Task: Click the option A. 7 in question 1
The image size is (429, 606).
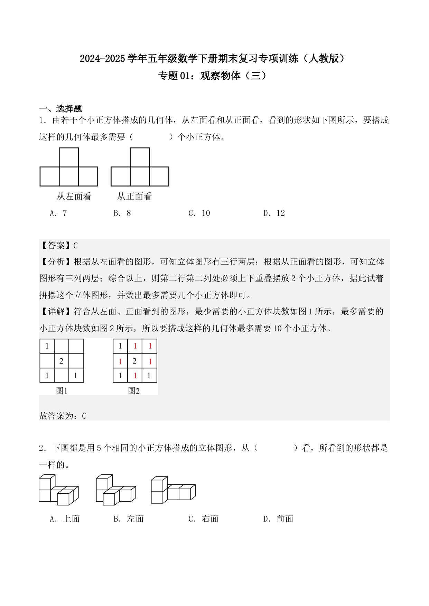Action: coord(58,213)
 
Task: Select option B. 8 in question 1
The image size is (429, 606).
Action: coord(122,213)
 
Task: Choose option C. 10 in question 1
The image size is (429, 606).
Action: coord(199,213)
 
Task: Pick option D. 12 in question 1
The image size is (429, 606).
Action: coord(274,213)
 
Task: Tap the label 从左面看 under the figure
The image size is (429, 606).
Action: coord(74,197)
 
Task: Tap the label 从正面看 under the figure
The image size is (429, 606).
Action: coord(134,197)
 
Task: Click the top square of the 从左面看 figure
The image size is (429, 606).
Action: coord(69,157)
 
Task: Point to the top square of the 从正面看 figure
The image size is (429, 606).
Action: coord(140,157)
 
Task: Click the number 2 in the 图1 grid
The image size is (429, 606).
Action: coord(62,361)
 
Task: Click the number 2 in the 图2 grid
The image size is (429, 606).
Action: coord(135,361)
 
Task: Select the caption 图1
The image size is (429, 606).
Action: coord(62,391)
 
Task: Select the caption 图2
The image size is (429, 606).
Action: coord(134,391)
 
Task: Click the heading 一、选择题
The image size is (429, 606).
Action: coord(60,108)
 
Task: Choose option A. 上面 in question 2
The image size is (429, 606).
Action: coord(65,519)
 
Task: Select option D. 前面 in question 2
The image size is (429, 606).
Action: coord(278,519)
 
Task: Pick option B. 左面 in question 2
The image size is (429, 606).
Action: coord(129,519)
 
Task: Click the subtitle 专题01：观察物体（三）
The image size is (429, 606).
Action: coord(212,76)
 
